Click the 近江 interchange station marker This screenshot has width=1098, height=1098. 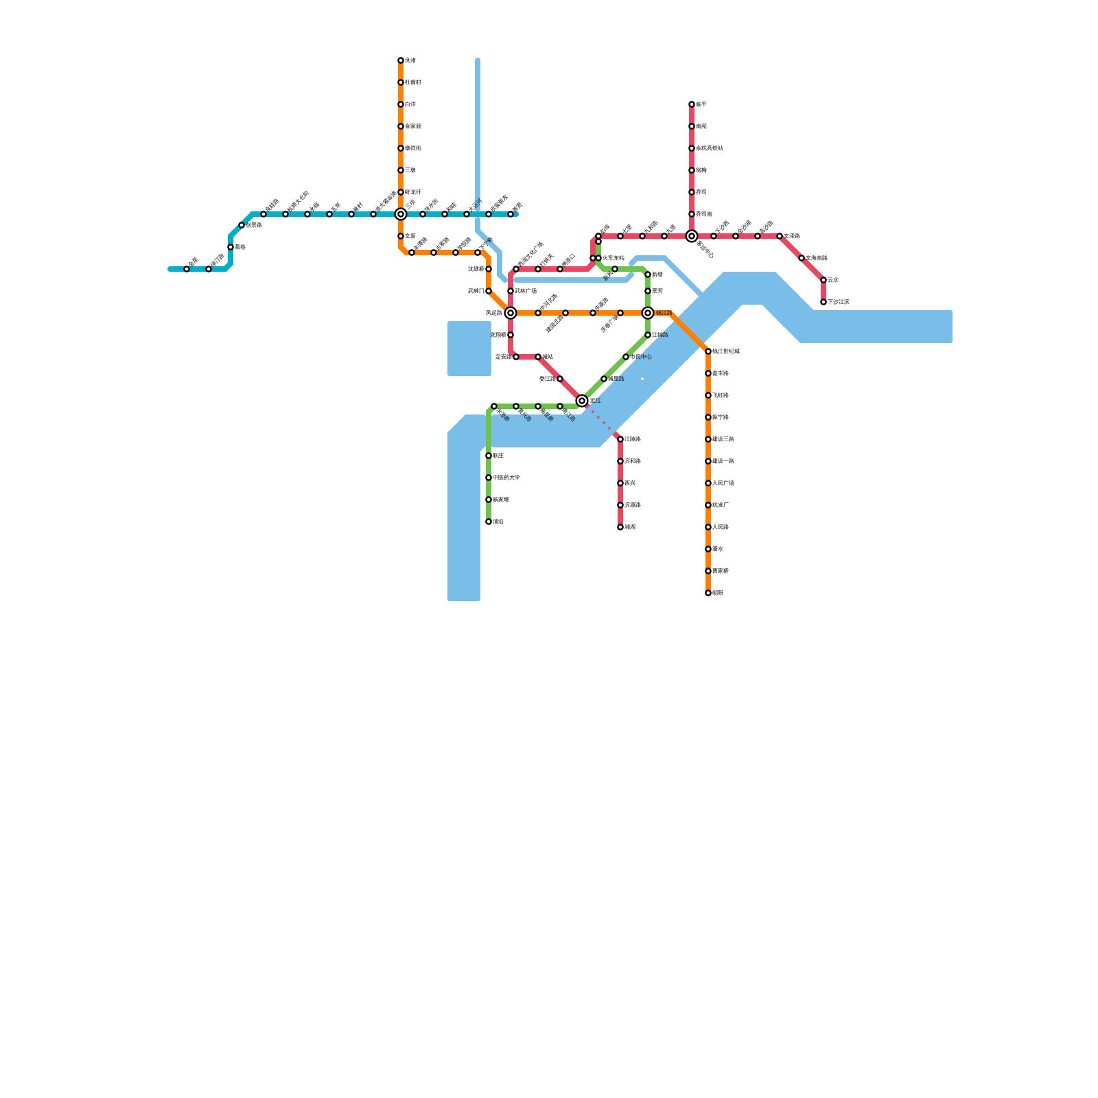pos(582,401)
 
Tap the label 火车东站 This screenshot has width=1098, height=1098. pos(614,258)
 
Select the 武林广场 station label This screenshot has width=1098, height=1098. pos(526,291)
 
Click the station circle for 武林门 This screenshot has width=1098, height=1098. pos(489,291)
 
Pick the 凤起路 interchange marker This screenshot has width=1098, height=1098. pos(511,313)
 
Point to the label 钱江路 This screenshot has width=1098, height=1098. pos(664,313)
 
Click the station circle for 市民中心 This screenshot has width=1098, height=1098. pos(626,357)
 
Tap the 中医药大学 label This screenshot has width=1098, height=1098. pos(506,478)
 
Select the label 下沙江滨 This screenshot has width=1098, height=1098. pos(839,302)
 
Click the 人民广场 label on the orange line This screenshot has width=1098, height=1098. pos(723,483)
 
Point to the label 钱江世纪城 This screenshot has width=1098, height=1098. pos(726,351)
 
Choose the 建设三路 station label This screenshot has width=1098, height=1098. pos(723,439)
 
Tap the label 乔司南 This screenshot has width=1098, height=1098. pos(704,214)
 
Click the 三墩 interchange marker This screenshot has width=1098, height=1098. pos(401,214)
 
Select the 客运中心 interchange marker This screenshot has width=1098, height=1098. pos(692,236)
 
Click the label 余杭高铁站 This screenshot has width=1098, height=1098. pos(710,148)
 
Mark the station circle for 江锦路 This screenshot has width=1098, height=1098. pos(620,439)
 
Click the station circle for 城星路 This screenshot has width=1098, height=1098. pos(604,379)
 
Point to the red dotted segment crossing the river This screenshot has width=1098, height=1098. pos(601,420)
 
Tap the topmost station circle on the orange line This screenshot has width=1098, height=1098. pos(401,60)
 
